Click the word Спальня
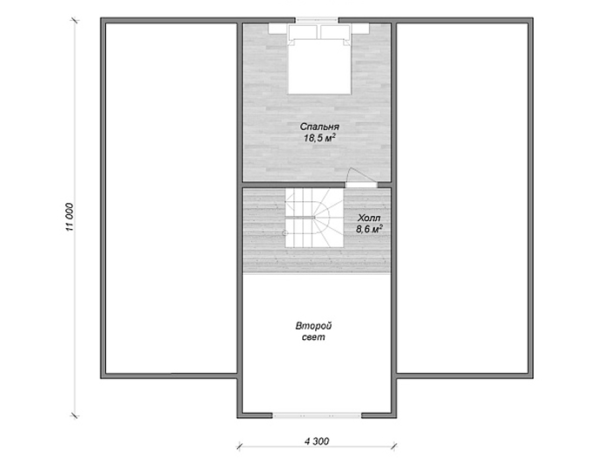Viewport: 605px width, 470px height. coord(319,127)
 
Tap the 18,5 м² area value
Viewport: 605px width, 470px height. coord(319,138)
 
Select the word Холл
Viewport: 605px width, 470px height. coord(369,218)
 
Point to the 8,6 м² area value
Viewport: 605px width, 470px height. coord(369,229)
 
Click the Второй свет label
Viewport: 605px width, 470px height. coord(313,331)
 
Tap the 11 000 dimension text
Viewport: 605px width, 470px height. coord(69,217)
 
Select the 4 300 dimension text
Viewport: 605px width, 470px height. coord(317,441)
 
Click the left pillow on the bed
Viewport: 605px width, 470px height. coord(303,31)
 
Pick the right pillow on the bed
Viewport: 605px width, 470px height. coord(335,31)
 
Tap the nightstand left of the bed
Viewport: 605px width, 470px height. coord(278,29)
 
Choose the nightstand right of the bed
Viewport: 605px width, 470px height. coord(360,29)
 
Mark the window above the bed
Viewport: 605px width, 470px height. coord(317,20)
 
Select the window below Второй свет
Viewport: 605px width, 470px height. coord(317,415)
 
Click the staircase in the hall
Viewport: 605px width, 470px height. coord(314,218)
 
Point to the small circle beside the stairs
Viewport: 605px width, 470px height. coord(285,233)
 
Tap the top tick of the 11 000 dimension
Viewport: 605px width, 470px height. coord(75,20)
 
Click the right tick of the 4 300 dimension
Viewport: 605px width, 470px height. coord(394,447)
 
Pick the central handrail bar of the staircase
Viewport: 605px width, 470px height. coord(300,218)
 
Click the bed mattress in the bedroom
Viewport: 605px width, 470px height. coord(319,66)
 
